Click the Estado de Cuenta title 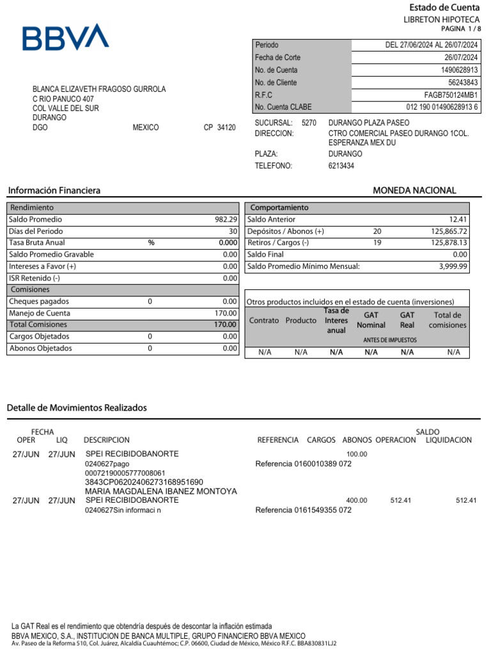[x=444, y=8]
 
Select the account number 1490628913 [x=457, y=70]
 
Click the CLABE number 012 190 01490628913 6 [x=442, y=107]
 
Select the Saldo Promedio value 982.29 [x=226, y=220]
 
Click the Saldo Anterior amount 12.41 [x=458, y=220]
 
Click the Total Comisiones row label [x=38, y=324]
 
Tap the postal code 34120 [x=226, y=128]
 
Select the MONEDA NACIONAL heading [x=414, y=190]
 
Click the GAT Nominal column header [x=371, y=320]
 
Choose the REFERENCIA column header [x=277, y=440]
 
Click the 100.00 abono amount [x=357, y=454]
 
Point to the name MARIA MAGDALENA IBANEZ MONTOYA [x=161, y=491]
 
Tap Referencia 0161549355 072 [x=303, y=510]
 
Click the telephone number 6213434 [x=341, y=166]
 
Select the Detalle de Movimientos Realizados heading [x=77, y=407]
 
